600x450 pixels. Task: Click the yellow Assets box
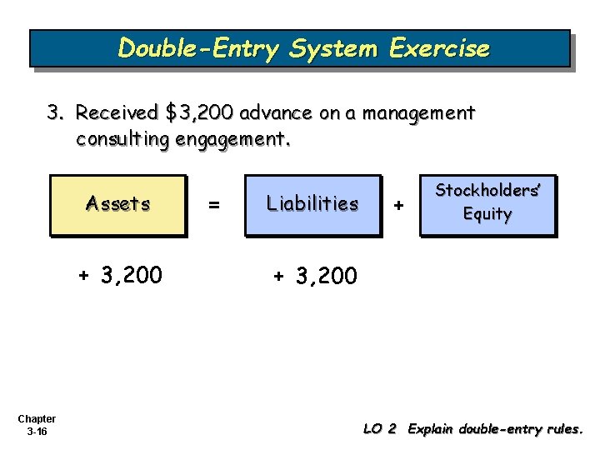point(118,205)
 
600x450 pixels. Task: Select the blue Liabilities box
point(312,205)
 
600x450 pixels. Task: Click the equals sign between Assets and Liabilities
point(215,204)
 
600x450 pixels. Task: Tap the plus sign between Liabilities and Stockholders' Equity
point(399,204)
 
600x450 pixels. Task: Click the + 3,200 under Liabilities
point(316,275)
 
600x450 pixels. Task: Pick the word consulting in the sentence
point(122,138)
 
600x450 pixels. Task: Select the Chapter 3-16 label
point(36,425)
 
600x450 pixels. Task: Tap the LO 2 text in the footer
point(380,429)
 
